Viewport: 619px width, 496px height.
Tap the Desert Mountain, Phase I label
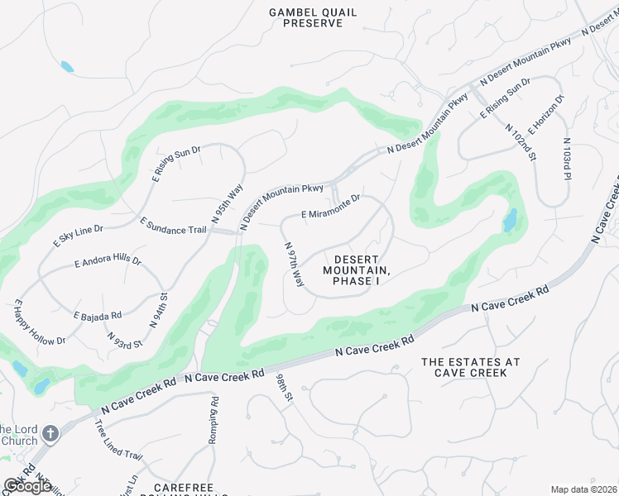[x=356, y=270]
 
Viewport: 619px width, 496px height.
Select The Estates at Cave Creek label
[x=470, y=368]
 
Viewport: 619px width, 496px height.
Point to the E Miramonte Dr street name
[x=331, y=207]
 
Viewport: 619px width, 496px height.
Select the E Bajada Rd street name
[x=98, y=315]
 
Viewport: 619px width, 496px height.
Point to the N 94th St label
[x=159, y=308]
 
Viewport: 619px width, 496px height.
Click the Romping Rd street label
[x=214, y=419]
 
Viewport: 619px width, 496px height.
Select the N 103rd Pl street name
[x=567, y=159]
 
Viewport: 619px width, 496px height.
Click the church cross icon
[x=50, y=433]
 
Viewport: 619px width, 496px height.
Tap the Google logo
[x=27, y=486]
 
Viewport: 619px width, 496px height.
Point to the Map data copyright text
[x=583, y=489]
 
